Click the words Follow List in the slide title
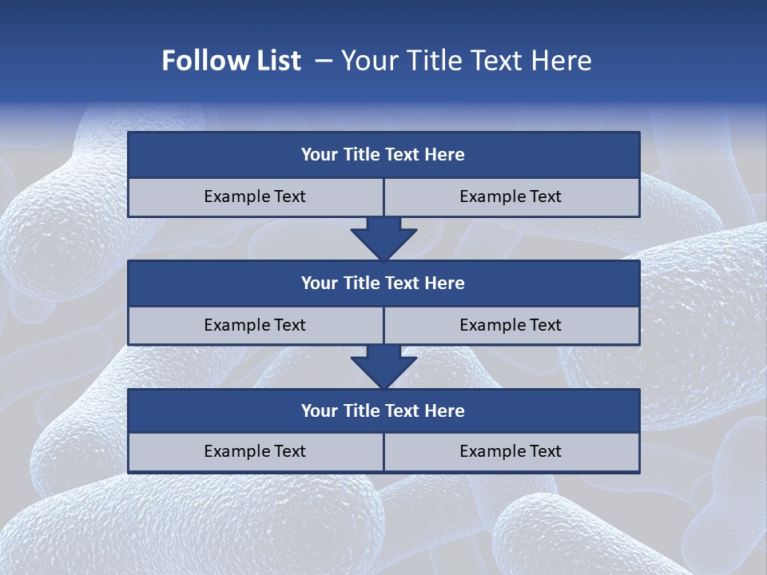(231, 61)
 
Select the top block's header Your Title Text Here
(383, 155)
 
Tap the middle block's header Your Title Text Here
(383, 283)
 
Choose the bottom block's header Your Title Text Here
(383, 410)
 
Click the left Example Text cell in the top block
(255, 196)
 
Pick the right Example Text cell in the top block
(511, 196)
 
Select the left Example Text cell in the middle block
(255, 325)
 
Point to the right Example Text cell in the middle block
(511, 325)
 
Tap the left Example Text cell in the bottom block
(255, 451)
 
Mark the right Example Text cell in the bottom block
(511, 451)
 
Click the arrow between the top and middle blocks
(383, 239)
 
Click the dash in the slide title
(324, 61)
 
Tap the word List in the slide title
(276, 61)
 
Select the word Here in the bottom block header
(444, 410)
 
